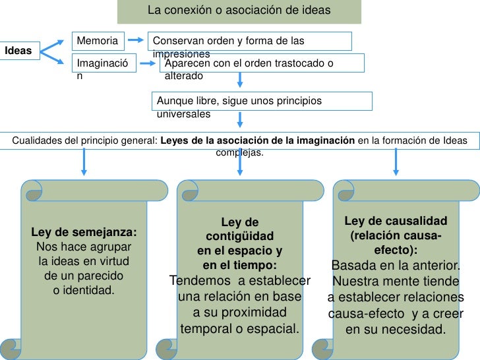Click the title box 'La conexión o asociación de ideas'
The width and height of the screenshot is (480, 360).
click(x=239, y=12)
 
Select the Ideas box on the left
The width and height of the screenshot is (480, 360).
click(x=20, y=50)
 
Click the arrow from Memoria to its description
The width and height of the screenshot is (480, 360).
click(x=136, y=41)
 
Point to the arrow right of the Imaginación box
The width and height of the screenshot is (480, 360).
click(x=150, y=63)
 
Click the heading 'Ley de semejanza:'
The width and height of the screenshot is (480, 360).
click(x=84, y=233)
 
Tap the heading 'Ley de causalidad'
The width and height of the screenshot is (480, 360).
click(x=396, y=221)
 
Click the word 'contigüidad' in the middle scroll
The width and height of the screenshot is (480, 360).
click(x=240, y=237)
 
